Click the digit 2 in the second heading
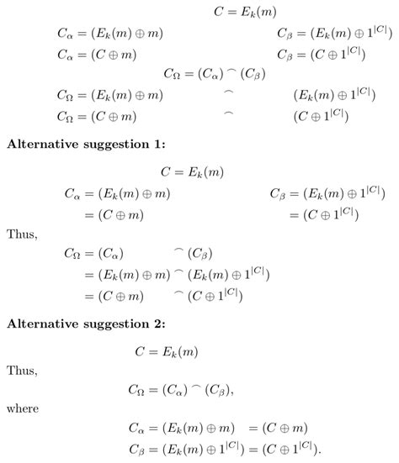[x=156, y=324]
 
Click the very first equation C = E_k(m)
[x=245, y=13]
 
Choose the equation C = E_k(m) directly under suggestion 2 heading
[x=167, y=351]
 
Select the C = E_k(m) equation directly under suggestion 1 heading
[x=192, y=172]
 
